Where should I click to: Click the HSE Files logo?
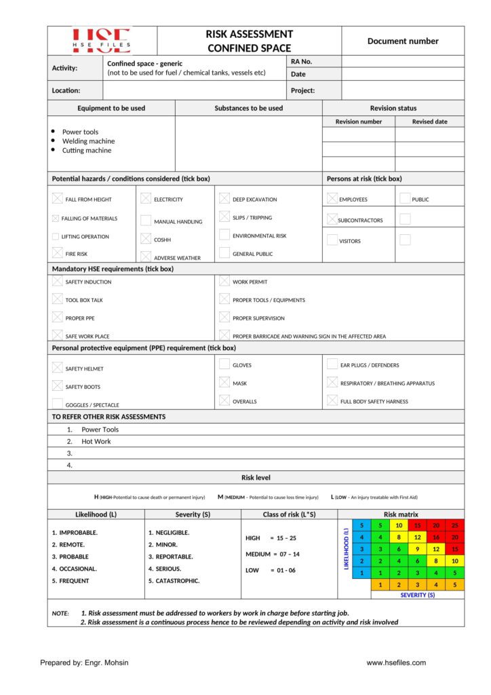(x=102, y=41)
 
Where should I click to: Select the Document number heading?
(x=403, y=41)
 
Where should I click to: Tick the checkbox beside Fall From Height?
(x=58, y=199)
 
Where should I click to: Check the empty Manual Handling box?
(x=146, y=221)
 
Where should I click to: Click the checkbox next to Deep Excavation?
(x=224, y=199)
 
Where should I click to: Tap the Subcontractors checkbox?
(x=332, y=219)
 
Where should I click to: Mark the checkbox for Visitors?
(x=332, y=240)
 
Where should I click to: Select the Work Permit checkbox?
(x=224, y=281)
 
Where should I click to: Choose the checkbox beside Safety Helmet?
(x=58, y=368)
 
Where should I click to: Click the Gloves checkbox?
(x=224, y=364)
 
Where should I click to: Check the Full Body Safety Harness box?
(x=332, y=400)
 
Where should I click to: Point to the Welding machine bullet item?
(x=88, y=141)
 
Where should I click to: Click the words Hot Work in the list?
(x=96, y=441)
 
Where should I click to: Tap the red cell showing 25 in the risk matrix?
(x=455, y=525)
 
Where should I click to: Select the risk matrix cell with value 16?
(x=436, y=537)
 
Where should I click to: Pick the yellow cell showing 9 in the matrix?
(x=417, y=548)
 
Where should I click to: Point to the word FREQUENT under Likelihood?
(x=74, y=581)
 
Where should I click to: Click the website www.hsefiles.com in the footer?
(x=396, y=662)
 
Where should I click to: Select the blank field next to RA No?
(x=403, y=61)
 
